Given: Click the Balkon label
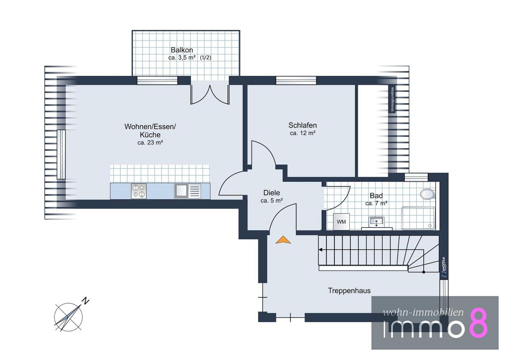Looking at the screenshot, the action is pyautogui.click(x=182, y=50).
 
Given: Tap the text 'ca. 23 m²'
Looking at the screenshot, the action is pyautogui.click(x=150, y=143).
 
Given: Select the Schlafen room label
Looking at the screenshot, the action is pyautogui.click(x=302, y=125).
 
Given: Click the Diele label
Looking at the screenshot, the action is pyautogui.click(x=271, y=193).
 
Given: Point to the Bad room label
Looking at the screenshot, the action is pyautogui.click(x=376, y=196).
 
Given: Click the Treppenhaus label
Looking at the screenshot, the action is pyautogui.click(x=349, y=291).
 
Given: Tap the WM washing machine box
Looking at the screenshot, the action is pyautogui.click(x=341, y=222).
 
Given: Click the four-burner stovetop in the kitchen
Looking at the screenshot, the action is pyautogui.click(x=139, y=191).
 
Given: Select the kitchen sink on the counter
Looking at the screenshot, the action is pyautogui.click(x=188, y=191).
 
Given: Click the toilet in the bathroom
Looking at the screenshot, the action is pyautogui.click(x=428, y=194).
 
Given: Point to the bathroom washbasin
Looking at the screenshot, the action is pyautogui.click(x=377, y=222).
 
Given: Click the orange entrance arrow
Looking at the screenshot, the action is pyautogui.click(x=283, y=240).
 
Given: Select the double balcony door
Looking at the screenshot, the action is pyautogui.click(x=210, y=94).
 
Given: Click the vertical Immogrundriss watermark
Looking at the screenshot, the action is pyautogui.click(x=392, y=99).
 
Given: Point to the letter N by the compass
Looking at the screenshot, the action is pyautogui.click(x=85, y=301).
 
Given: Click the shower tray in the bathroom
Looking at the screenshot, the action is pyautogui.click(x=418, y=218).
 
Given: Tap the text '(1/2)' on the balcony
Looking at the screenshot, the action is pyautogui.click(x=206, y=58).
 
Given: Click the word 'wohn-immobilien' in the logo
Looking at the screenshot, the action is pyautogui.click(x=423, y=312).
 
